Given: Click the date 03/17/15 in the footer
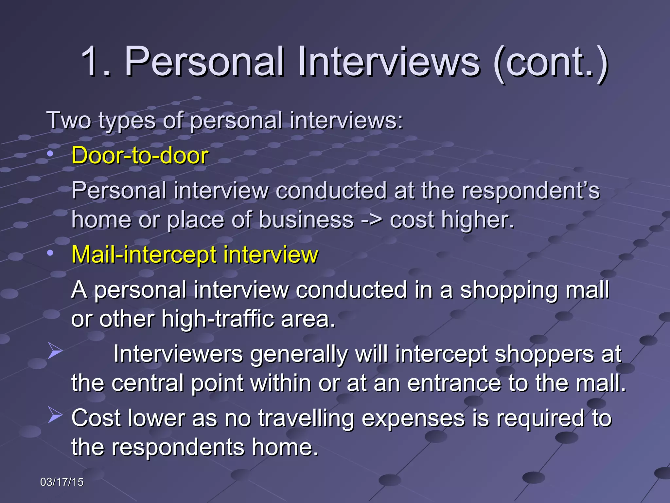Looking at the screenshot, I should click(x=62, y=482).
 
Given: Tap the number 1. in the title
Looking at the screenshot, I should click(x=96, y=62).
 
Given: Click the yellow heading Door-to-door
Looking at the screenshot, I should click(x=140, y=155).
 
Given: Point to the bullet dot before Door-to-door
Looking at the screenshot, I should click(x=50, y=154).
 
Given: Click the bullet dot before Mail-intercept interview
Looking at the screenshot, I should click(x=50, y=253).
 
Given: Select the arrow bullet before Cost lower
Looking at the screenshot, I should click(x=55, y=415).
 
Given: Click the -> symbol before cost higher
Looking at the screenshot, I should click(x=372, y=219).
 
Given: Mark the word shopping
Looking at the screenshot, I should click(x=509, y=290).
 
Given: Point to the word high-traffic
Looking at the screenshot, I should click(x=217, y=319).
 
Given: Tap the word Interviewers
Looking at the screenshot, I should click(x=178, y=354).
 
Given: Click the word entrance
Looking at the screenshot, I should click(x=454, y=383).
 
